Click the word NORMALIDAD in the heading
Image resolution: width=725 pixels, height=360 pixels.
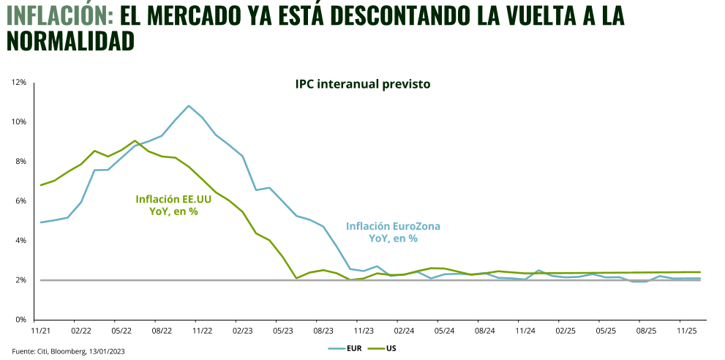pos(70,41)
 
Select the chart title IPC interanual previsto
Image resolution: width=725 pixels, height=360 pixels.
pos(363,84)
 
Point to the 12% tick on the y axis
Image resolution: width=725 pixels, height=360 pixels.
pos(19,83)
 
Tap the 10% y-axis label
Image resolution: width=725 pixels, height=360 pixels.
pos(19,122)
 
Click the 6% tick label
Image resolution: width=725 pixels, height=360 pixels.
pos(21,201)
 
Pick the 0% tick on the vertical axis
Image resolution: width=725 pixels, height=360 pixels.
pos(21,320)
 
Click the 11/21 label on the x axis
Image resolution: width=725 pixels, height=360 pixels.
pos(40,331)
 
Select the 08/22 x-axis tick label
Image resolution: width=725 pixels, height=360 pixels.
pos(161,331)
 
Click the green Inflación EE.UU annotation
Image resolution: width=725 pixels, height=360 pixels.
pos(173,205)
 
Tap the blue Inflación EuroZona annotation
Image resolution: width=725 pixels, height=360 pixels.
pos(393,232)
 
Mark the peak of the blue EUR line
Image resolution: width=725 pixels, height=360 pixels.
pos(189,105)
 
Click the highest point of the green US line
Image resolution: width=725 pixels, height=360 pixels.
pos(135,140)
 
